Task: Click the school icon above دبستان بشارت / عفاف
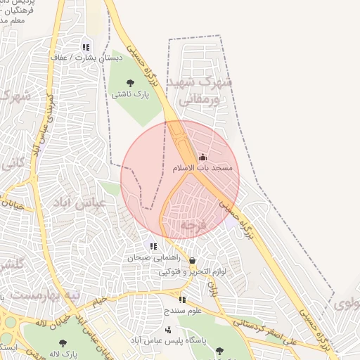(86, 47)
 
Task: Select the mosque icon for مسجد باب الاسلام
(203, 157)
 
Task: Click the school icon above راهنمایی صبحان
(153, 246)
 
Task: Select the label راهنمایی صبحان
(150, 258)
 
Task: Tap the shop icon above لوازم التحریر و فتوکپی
(192, 260)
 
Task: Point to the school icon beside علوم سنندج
(183, 300)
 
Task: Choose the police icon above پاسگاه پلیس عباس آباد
(167, 329)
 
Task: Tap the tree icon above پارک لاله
(63, 342)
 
